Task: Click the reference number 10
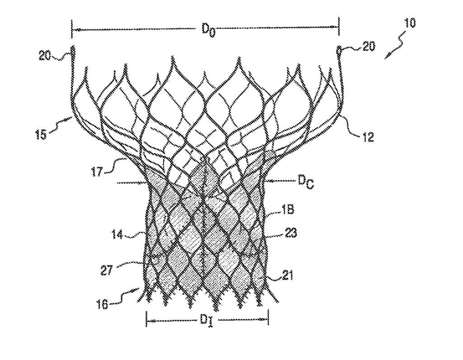(x=410, y=23)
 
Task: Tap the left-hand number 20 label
(x=45, y=55)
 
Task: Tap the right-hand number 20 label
(x=369, y=46)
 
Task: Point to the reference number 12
(x=368, y=137)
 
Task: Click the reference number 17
(x=97, y=172)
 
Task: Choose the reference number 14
(x=117, y=235)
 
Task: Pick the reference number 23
(x=291, y=233)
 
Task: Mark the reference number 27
(x=107, y=270)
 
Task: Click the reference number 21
(x=287, y=276)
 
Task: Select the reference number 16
(x=102, y=304)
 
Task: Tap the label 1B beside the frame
(x=288, y=210)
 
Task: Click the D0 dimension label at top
(x=208, y=30)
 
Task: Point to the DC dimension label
(x=306, y=182)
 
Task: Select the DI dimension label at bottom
(x=206, y=321)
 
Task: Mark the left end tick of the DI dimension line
(x=146, y=319)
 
